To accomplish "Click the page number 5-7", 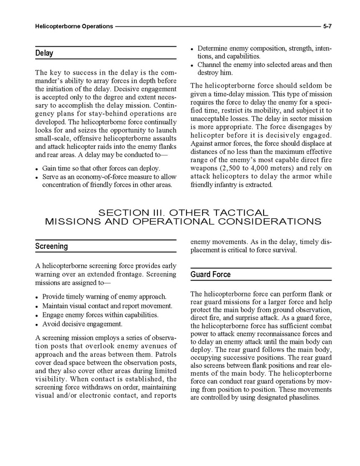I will [327, 25].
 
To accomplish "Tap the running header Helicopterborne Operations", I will [74, 25].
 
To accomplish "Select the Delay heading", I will [44, 53].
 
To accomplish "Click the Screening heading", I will [51, 246].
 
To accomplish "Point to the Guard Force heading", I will [210, 274].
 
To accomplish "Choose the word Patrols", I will [164, 354].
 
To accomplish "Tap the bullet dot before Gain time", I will [37, 169].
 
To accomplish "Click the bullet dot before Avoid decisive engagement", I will [37, 324].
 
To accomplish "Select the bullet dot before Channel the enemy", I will [192, 65].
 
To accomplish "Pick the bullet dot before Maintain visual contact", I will [37, 306].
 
